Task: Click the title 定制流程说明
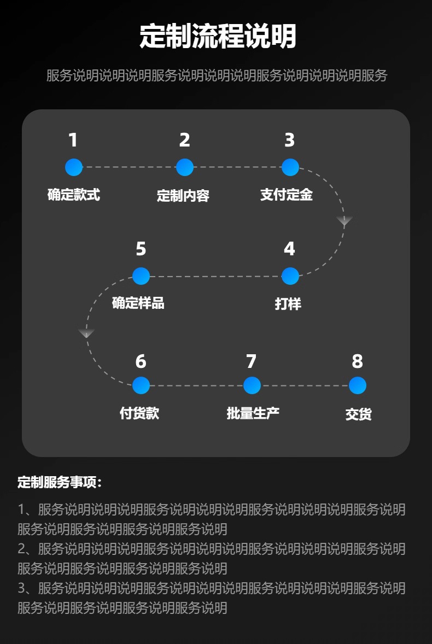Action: point(218,36)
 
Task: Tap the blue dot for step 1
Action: point(74,167)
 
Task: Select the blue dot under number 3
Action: point(290,167)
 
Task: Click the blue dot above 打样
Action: point(290,276)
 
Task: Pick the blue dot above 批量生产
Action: point(252,385)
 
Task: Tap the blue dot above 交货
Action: point(357,385)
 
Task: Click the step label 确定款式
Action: point(74,194)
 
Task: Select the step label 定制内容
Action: point(183,195)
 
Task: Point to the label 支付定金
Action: point(287,194)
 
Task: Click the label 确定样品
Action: point(138,303)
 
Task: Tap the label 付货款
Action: point(139,413)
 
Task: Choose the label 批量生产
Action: point(253,413)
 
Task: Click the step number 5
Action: point(141,249)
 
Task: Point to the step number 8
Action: point(357,361)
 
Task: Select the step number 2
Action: point(185,140)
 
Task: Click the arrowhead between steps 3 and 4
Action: point(345,221)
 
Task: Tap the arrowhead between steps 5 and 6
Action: point(86,333)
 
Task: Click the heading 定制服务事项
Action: point(60,482)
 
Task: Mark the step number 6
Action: point(141,361)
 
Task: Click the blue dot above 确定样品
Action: point(141,276)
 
